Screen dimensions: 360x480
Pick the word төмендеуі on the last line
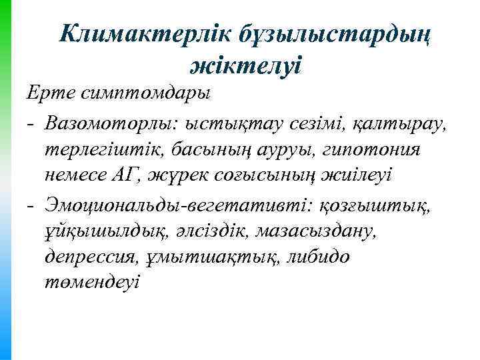point(93,283)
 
